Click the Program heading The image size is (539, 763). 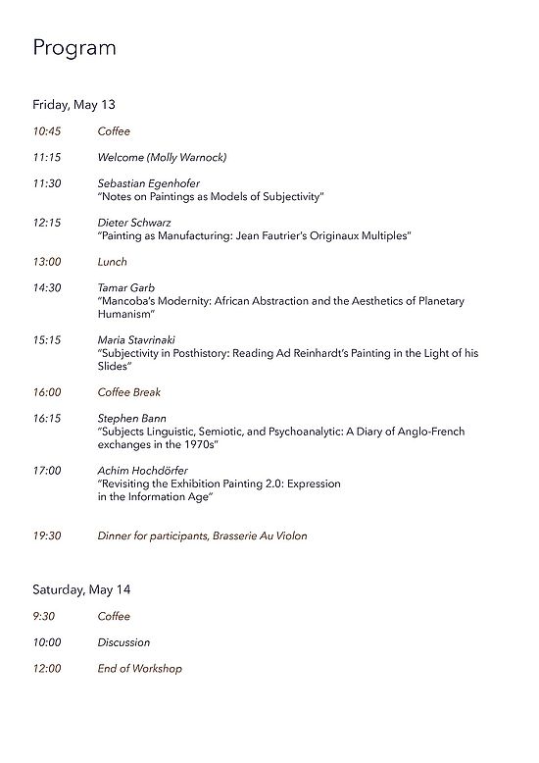pos(74,48)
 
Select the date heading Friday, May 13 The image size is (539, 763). pos(74,104)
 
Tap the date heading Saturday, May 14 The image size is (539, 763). pos(81,589)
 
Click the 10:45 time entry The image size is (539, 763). pos(46,131)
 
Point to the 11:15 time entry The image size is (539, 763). pos(46,157)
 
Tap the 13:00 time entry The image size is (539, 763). pos(46,262)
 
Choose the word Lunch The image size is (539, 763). pos(112,262)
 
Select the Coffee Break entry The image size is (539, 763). pos(129,392)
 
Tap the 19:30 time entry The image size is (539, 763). pos(46,536)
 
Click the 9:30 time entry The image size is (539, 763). pos(42,617)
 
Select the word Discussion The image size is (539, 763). pos(123,642)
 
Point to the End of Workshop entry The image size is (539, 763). pos(139,669)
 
